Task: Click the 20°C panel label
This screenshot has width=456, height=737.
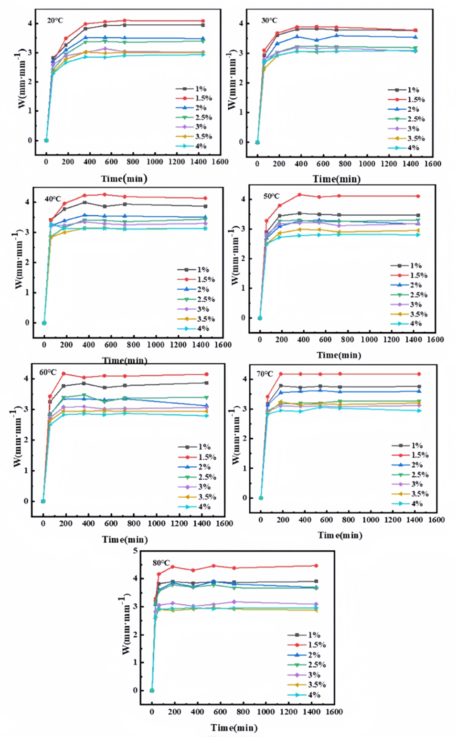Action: click(x=55, y=21)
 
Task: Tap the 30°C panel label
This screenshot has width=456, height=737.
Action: click(x=269, y=21)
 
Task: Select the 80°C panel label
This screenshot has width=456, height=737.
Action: click(x=161, y=563)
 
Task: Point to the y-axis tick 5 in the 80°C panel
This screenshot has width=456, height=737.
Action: click(x=135, y=551)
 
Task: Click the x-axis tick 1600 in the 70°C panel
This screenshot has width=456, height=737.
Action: click(x=436, y=520)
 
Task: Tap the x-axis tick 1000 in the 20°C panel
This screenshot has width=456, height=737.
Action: click(x=155, y=162)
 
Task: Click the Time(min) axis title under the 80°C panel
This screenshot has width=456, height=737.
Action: click(x=234, y=727)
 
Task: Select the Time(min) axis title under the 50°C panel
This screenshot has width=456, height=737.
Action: click(x=339, y=355)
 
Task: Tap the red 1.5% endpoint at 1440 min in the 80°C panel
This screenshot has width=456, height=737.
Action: click(x=316, y=566)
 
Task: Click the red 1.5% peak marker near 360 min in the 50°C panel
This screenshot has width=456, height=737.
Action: click(x=299, y=195)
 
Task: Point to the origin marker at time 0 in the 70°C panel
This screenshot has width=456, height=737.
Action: click(x=261, y=498)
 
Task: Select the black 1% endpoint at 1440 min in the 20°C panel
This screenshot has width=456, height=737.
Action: click(x=203, y=25)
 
